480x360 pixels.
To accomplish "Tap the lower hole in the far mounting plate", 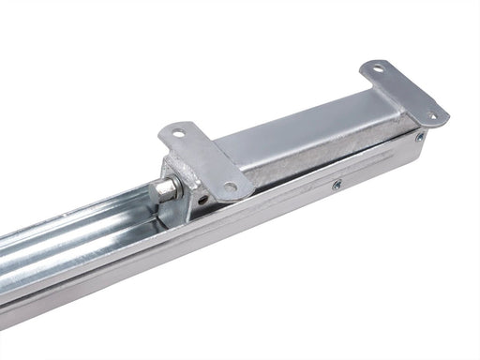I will [x=431, y=116].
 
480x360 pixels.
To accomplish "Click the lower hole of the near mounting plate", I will [x=231, y=186].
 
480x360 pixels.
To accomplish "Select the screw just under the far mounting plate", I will [x=419, y=137].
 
